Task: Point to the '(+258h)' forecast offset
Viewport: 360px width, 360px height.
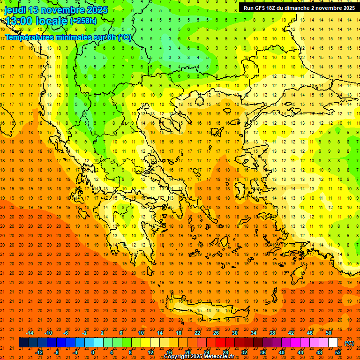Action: [x=83, y=21]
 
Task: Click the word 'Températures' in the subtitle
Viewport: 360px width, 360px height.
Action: [x=28, y=37]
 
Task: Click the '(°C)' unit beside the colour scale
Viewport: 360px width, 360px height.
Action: [x=349, y=343]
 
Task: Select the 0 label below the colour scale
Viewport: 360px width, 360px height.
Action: [x=93, y=352]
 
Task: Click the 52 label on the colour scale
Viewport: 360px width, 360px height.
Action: [x=338, y=352]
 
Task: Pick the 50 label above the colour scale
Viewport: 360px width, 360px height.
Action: [x=328, y=333]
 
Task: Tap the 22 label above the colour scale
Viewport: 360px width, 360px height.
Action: [x=197, y=333]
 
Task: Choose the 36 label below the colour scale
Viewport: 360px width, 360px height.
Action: [x=262, y=352]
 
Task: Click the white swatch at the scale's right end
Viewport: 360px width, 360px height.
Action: [x=333, y=343]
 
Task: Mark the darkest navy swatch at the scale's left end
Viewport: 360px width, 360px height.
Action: [x=23, y=343]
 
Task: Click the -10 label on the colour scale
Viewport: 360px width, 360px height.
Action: [x=48, y=333]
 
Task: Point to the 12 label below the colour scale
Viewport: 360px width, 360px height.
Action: [x=150, y=352]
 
